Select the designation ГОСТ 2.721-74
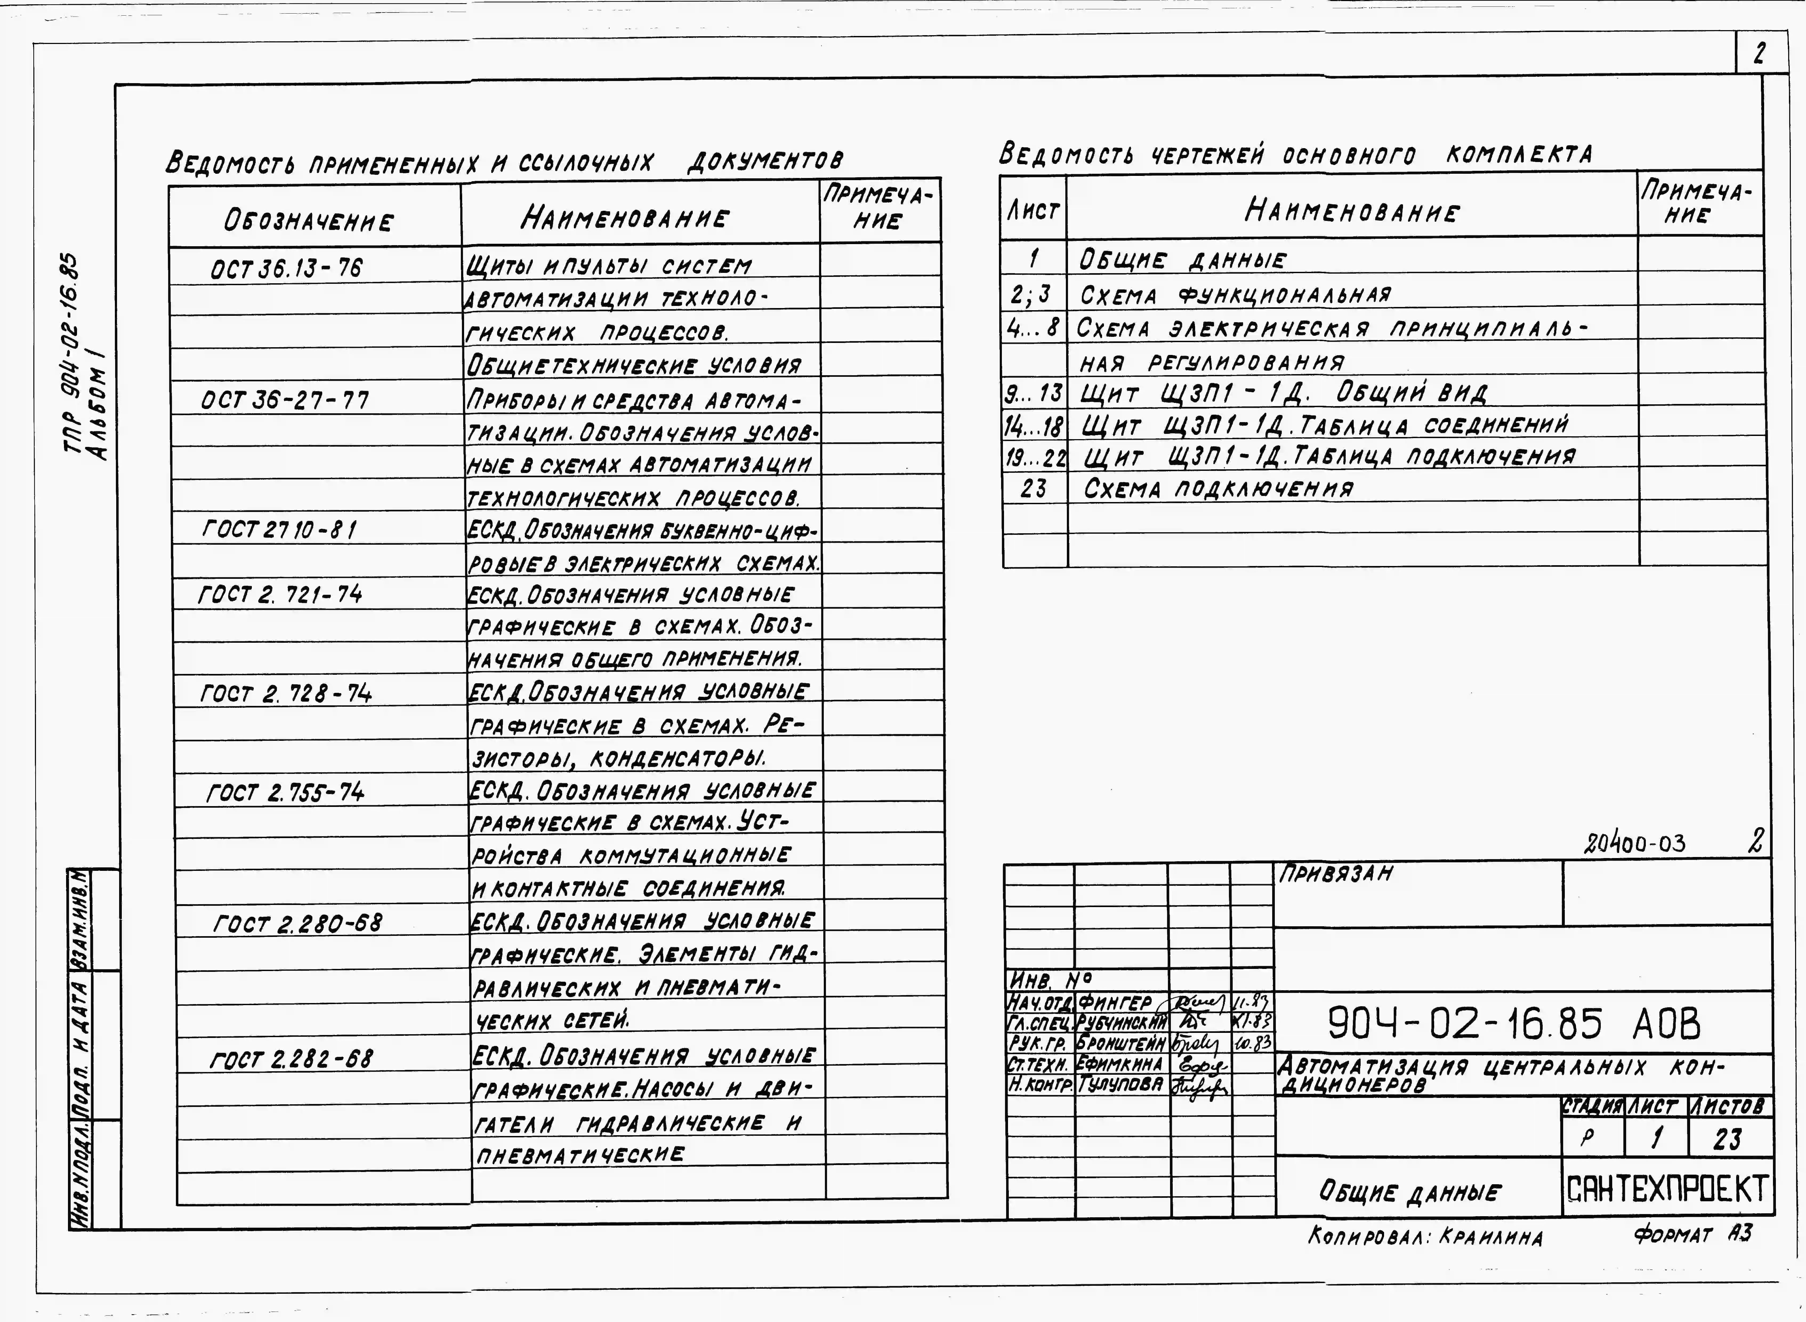[x=280, y=595]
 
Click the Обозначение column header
[x=309, y=221]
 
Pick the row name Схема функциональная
[x=1235, y=295]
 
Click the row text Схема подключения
[x=1218, y=488]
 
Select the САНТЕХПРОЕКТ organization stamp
[x=1667, y=1190]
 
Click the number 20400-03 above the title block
[x=1635, y=843]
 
